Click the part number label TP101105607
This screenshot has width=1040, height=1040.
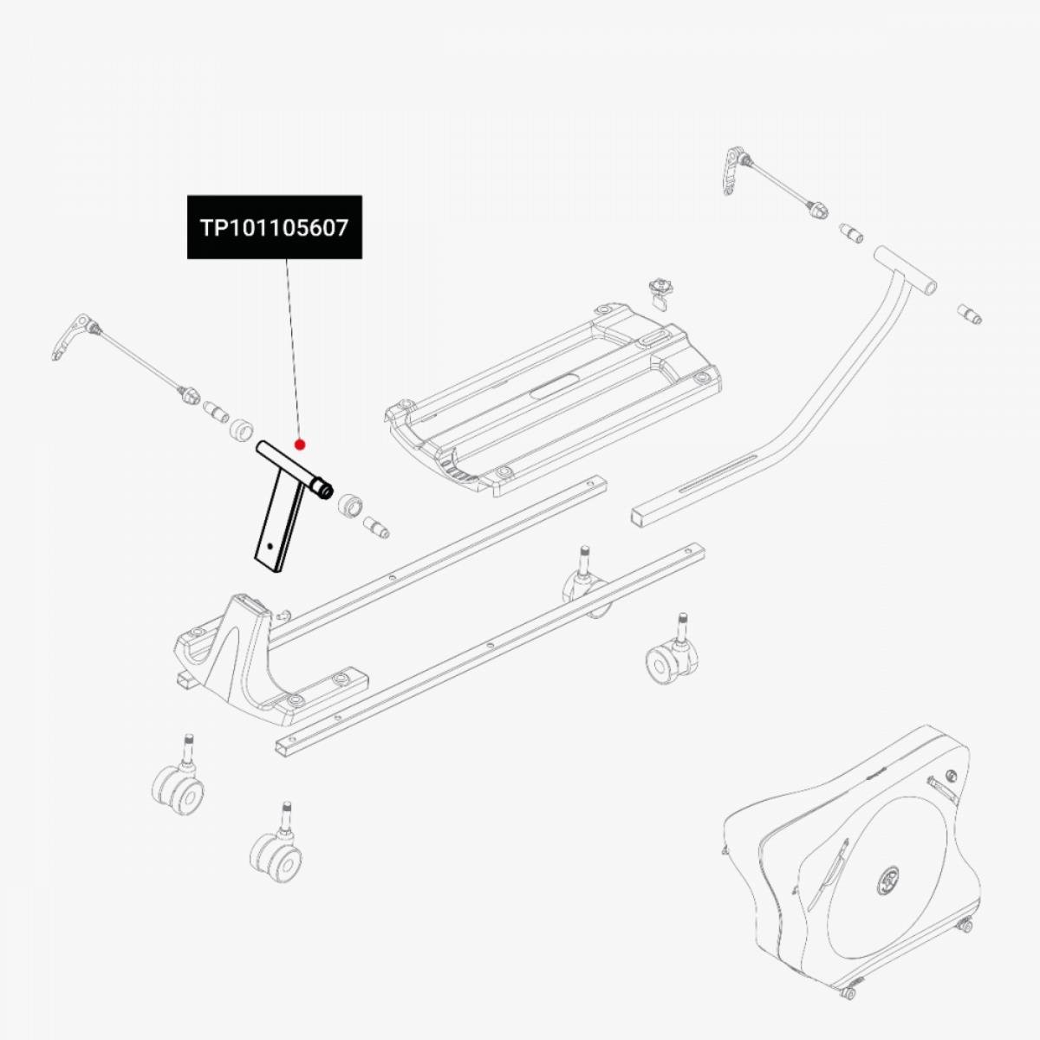pyautogui.click(x=275, y=228)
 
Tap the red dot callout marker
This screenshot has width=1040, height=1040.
pyautogui.click(x=300, y=445)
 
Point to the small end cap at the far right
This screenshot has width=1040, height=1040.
pyautogui.click(x=969, y=315)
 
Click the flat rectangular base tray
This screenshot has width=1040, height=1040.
pyautogui.click(x=553, y=400)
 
